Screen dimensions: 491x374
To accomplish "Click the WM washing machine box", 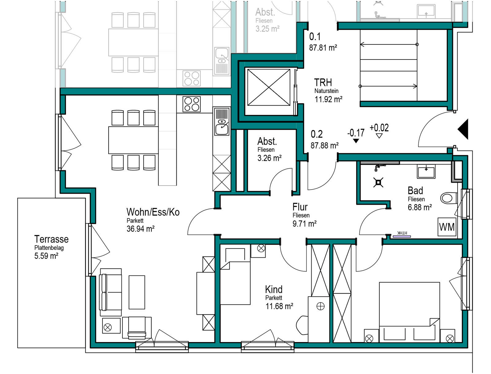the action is pos(447,227).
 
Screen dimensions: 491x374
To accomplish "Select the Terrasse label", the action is pos(51,239).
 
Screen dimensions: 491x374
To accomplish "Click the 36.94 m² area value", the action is pos(141,229).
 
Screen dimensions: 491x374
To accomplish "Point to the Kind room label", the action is pos(273,290).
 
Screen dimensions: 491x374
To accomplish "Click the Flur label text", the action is pos(300,207).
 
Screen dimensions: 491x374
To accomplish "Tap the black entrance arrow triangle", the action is pos(463,129).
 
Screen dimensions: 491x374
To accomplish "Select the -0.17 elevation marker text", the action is pos(356,133).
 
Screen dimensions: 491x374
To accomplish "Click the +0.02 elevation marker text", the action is pos(379,128).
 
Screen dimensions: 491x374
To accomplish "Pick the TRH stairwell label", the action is pos(323,83).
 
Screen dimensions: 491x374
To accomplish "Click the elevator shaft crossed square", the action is pos(269,87).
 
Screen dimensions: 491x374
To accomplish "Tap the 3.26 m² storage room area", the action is pos(269,158).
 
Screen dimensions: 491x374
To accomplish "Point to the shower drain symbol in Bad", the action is pos(378,183).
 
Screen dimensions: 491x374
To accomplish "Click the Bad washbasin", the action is pos(426,172).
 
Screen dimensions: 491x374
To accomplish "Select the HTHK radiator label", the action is pos(402,233).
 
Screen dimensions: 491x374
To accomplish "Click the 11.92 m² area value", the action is pos(328,99).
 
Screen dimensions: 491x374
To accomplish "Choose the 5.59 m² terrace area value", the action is pos(46,256).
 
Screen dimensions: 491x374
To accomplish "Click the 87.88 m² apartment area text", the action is pos(324,145).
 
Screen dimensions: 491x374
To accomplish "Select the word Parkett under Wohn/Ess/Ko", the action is pos(135,221).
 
